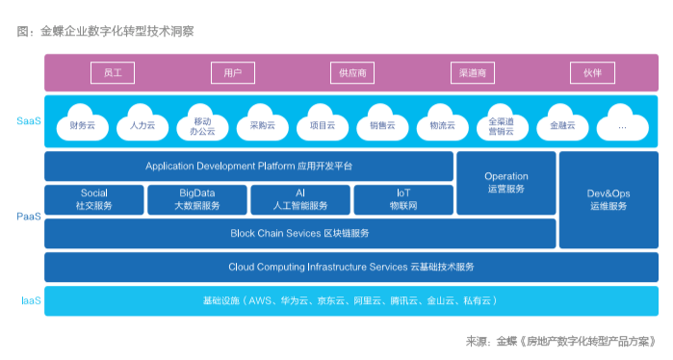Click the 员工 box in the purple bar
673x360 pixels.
113,72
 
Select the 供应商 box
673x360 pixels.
352,72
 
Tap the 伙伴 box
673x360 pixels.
592,72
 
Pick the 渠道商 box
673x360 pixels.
472,72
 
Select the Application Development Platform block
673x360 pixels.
249,167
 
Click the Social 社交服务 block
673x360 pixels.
94,199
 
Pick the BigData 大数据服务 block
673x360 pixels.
197,199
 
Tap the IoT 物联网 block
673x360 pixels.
403,199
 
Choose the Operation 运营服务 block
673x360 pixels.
506,183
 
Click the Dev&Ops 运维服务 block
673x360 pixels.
608,199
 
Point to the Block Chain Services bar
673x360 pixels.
300,233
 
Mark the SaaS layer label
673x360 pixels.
29,121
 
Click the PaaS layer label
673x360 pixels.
29,217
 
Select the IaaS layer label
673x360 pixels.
31,300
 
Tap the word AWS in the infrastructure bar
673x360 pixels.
260,300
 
